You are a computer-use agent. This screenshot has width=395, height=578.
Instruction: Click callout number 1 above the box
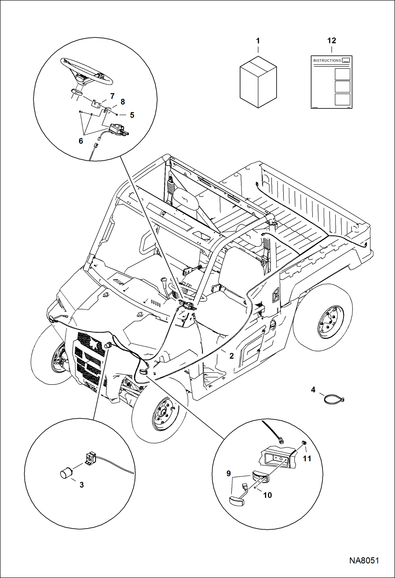click(x=258, y=41)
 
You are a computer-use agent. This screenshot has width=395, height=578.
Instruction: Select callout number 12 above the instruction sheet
click(x=331, y=41)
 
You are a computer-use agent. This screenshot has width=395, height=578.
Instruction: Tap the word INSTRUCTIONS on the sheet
click(x=327, y=60)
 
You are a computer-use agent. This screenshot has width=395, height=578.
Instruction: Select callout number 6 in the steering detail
click(x=81, y=141)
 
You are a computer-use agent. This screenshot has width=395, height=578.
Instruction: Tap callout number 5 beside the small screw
click(x=132, y=115)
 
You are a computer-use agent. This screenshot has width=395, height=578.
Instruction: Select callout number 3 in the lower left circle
click(x=82, y=484)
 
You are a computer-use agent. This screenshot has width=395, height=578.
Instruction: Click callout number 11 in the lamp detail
click(x=307, y=458)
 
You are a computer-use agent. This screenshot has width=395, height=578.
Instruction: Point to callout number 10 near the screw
click(x=267, y=495)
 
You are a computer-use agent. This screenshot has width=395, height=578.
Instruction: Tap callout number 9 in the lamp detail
click(x=229, y=473)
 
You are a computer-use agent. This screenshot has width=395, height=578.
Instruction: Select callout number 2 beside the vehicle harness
click(x=232, y=356)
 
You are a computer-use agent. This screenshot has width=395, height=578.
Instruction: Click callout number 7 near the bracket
click(x=112, y=96)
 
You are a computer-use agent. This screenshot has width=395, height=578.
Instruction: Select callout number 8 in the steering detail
click(x=123, y=102)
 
